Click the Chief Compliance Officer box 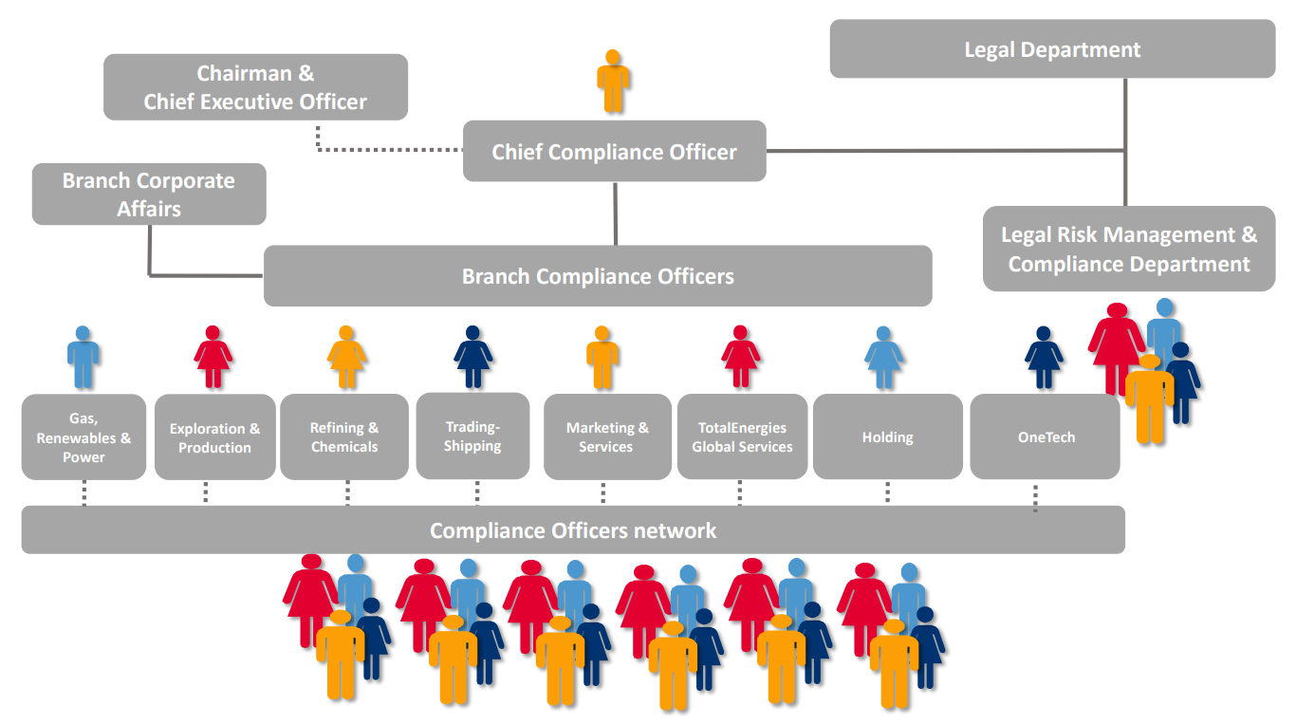click(x=614, y=152)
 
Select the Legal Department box click(x=1052, y=49)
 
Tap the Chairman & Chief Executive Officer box click(x=255, y=87)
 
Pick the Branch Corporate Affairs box click(x=149, y=195)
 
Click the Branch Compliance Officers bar click(x=598, y=276)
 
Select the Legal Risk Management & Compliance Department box click(x=1129, y=249)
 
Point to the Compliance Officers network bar click(x=573, y=529)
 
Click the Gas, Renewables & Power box click(x=83, y=437)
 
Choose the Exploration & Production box click(x=214, y=437)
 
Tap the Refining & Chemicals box click(x=344, y=437)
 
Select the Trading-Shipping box click(x=472, y=436)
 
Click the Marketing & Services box click(x=607, y=437)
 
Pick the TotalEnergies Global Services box click(x=742, y=437)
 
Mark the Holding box click(x=887, y=437)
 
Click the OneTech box click(x=1045, y=437)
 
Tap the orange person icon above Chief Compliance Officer click(x=614, y=81)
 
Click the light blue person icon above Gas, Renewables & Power click(x=83, y=358)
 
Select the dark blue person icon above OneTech click(x=1044, y=358)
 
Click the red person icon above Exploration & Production click(x=213, y=358)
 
